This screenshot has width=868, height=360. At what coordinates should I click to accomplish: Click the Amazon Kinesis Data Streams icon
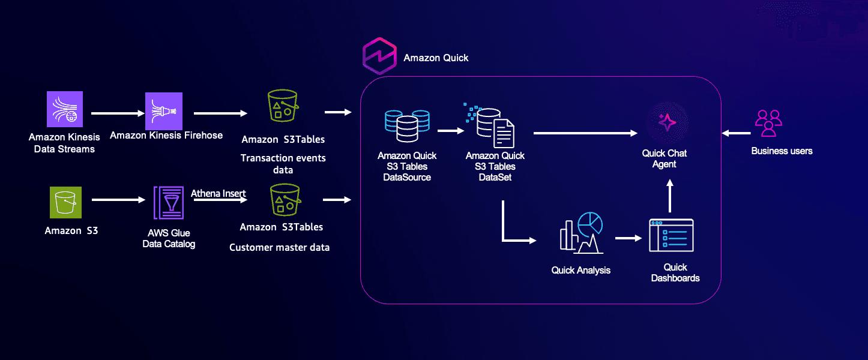65,109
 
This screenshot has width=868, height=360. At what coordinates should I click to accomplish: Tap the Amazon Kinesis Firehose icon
163,111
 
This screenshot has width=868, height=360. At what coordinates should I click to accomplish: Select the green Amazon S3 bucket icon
65,202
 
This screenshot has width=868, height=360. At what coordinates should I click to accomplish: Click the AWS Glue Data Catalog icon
169,203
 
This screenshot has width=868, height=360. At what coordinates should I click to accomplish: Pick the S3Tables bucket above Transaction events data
283,106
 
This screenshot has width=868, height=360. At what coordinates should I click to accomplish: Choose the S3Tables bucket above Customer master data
285,200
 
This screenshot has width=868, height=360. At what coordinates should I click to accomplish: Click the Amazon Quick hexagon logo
379,56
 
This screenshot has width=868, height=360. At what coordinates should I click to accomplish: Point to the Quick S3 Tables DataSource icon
407,126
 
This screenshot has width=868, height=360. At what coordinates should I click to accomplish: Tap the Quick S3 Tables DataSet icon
489,125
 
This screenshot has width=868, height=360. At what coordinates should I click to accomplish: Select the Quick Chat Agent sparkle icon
667,122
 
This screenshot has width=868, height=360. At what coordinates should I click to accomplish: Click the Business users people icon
768,123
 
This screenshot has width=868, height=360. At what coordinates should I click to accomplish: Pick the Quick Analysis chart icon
581,233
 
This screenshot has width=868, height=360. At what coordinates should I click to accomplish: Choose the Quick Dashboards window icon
671,235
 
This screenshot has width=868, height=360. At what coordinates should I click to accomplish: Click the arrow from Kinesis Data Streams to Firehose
118,113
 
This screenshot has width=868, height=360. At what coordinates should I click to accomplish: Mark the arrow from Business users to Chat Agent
737,133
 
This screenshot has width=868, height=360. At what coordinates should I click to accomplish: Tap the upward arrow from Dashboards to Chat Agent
670,196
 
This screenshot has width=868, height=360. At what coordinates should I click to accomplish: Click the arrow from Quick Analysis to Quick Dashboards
628,238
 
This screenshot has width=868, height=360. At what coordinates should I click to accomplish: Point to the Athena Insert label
218,193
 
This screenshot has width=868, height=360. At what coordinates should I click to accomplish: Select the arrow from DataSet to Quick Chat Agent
585,133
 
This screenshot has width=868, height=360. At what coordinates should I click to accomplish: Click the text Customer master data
279,247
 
